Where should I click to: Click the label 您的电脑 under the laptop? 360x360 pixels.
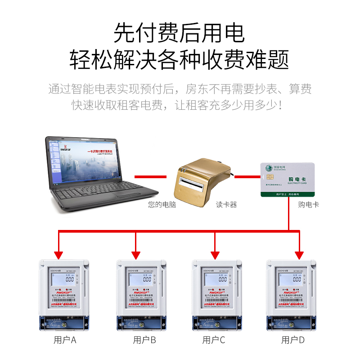pyautogui.click(x=162, y=205)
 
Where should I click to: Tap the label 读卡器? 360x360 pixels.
pyautogui.click(x=226, y=205)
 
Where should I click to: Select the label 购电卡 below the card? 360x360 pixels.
pyautogui.click(x=308, y=205)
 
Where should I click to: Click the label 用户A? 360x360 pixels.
pyautogui.click(x=65, y=340)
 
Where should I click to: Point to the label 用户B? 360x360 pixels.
pyautogui.click(x=144, y=340)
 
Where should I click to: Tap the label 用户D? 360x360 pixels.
pyautogui.click(x=293, y=340)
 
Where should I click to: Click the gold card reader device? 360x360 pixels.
pyautogui.click(x=202, y=180)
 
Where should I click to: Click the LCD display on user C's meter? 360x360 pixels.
pyautogui.click(x=218, y=279)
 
